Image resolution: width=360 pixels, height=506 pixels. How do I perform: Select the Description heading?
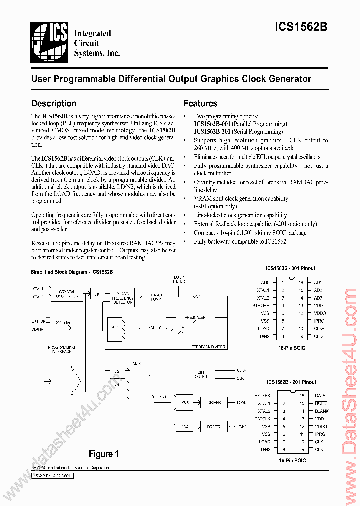[54, 104]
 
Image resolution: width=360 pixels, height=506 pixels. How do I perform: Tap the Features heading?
[200, 104]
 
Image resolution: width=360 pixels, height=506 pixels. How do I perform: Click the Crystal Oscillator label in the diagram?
[67, 294]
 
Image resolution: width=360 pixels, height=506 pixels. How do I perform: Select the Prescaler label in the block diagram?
[194, 317]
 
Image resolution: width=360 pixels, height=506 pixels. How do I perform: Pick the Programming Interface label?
[61, 349]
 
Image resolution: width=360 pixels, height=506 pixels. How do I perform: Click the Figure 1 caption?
[103, 454]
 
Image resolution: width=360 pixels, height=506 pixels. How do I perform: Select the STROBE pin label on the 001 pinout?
[261, 305]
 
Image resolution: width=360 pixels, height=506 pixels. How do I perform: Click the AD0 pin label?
[265, 282]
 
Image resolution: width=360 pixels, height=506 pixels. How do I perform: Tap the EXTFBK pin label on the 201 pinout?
[262, 396]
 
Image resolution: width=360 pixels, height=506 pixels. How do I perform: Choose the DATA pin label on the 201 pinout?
[320, 396]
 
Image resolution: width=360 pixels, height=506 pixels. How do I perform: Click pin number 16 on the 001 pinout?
[301, 282]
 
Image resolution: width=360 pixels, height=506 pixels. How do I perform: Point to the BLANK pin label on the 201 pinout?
[322, 411]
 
